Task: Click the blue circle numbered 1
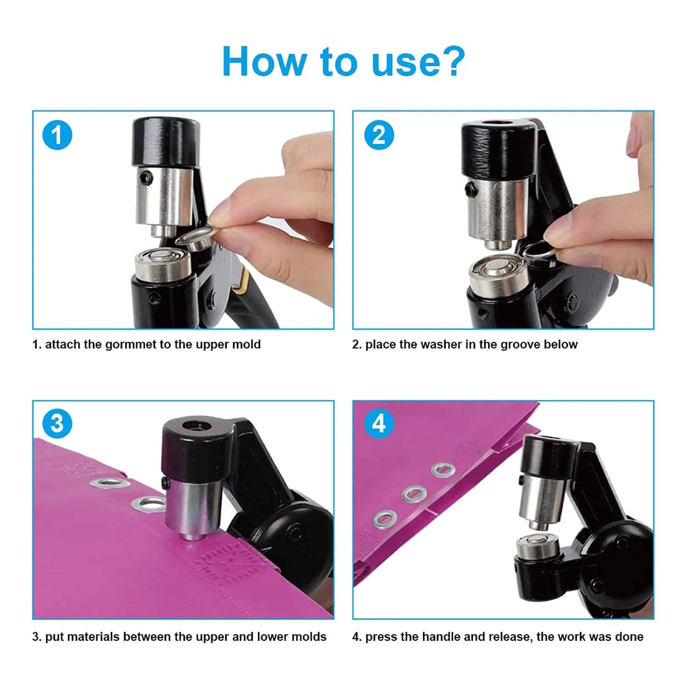(57, 135)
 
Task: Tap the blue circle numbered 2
(379, 135)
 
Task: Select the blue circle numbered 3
(57, 423)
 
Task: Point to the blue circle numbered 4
(379, 423)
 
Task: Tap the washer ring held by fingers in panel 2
(539, 251)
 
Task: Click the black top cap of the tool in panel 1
(166, 142)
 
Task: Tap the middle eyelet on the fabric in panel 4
(414, 494)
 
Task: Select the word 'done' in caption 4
(629, 637)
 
